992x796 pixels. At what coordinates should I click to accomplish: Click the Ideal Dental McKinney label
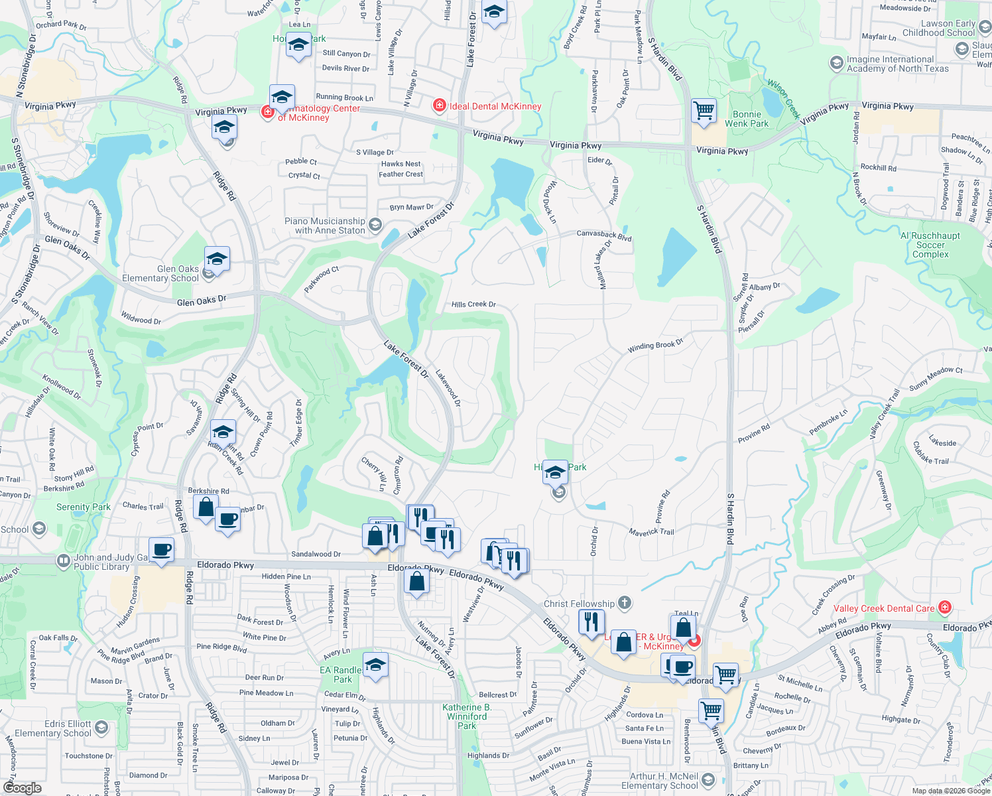(x=495, y=106)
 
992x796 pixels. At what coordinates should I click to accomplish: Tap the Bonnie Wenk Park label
(x=747, y=119)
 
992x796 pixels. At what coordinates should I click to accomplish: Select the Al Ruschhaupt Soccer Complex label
(x=930, y=245)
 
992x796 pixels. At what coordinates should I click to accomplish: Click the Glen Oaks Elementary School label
(x=160, y=273)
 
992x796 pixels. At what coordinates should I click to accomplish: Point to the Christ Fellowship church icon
(x=624, y=603)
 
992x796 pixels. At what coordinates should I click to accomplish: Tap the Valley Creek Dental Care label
(x=883, y=608)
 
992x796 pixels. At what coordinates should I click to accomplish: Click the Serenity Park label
(x=84, y=507)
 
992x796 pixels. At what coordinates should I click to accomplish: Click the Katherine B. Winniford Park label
(x=467, y=716)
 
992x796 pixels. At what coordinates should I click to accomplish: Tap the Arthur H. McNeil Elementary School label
(x=660, y=781)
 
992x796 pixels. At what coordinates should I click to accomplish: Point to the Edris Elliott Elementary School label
(x=53, y=728)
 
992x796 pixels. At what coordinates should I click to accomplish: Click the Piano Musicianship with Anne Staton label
(x=325, y=226)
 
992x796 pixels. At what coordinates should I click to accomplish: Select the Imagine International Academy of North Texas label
(x=897, y=64)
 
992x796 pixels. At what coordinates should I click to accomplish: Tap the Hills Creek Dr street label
(x=473, y=304)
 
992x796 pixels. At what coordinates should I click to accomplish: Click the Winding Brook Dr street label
(x=655, y=346)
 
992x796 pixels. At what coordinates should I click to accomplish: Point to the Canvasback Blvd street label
(x=603, y=235)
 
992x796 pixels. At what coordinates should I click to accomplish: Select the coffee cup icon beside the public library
(x=161, y=550)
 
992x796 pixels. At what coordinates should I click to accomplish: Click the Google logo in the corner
(x=23, y=788)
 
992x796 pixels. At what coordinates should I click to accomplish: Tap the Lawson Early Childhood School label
(x=938, y=28)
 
